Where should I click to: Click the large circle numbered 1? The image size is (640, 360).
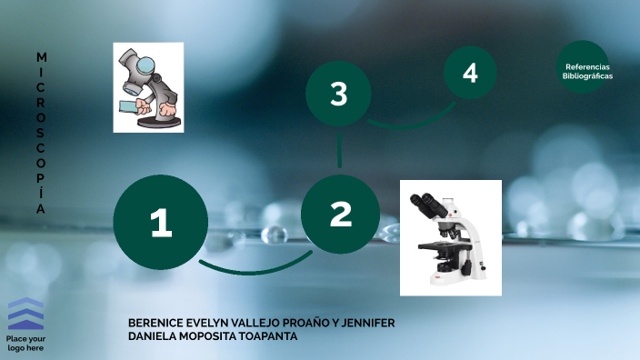[x=160, y=223]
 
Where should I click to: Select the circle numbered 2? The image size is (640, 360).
[x=340, y=215]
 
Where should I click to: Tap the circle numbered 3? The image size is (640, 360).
[x=338, y=94]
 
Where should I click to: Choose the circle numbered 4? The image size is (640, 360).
[x=470, y=73]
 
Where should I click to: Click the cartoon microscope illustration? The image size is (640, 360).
[x=148, y=87]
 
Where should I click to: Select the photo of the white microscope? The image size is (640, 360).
[x=451, y=237]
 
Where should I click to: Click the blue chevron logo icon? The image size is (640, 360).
[x=26, y=314]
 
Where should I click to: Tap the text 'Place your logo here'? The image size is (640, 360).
[x=26, y=344]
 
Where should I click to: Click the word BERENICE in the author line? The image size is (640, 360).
[x=156, y=323]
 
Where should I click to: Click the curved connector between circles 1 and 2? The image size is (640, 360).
[x=254, y=269]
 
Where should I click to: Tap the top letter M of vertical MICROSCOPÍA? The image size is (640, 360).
[x=41, y=56]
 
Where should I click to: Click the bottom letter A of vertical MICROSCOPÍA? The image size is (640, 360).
[x=41, y=209]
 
